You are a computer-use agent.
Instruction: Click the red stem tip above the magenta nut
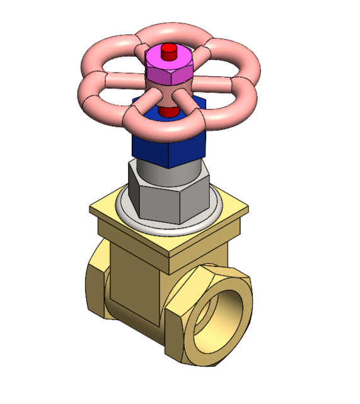click(168, 51)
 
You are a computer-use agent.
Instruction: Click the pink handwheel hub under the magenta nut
click(167, 93)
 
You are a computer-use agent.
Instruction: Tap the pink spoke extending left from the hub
click(123, 81)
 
